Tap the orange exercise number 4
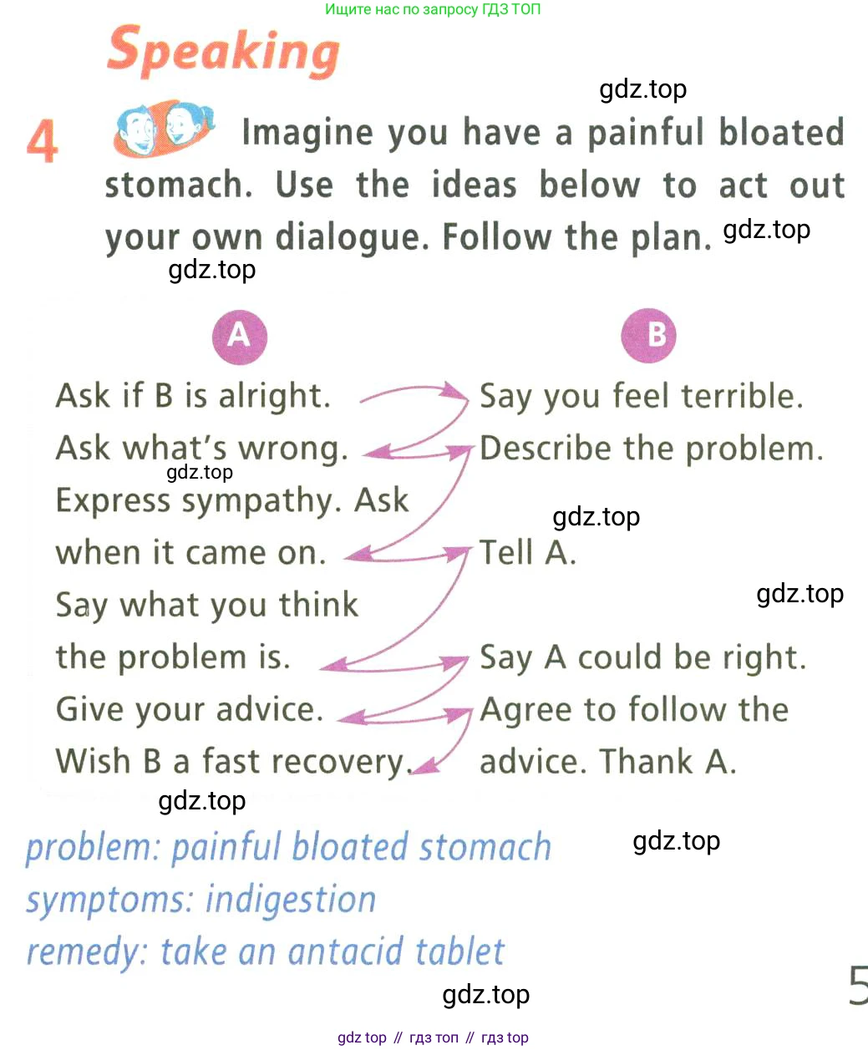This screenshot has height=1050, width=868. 43,140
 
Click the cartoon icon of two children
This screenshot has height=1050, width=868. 164,128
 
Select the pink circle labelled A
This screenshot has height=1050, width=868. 239,336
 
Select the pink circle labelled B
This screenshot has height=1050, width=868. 648,336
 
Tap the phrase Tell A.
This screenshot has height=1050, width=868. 527,553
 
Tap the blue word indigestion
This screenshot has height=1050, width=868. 291,900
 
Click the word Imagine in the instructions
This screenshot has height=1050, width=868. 307,133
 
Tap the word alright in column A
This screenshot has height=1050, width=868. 275,396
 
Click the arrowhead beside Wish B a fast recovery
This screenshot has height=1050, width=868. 426,765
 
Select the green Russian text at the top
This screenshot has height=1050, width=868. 433,9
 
